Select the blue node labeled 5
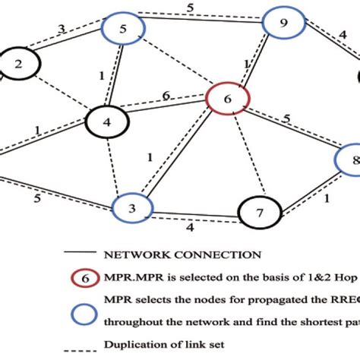coord(124,31)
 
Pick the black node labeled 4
coord(107,121)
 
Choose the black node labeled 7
coord(259,213)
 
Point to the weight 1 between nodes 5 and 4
coord(101,76)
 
